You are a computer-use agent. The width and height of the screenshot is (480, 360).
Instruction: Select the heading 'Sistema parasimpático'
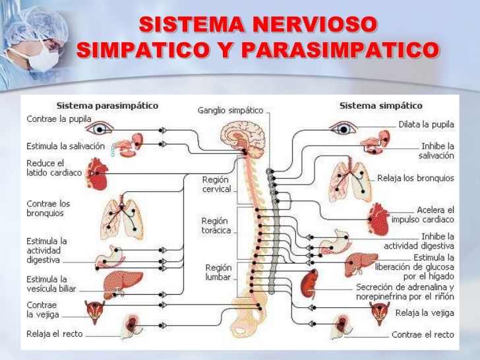pos(107,105)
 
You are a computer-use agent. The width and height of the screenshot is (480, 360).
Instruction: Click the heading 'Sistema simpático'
pos(380,105)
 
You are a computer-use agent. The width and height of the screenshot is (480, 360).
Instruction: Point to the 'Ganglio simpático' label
pos(230,110)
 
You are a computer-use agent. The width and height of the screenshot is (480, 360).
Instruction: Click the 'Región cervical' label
pos(216,184)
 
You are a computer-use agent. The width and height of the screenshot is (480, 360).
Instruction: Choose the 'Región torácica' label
pos(216,225)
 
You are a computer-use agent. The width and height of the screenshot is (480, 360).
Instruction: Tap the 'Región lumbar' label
pos(218,272)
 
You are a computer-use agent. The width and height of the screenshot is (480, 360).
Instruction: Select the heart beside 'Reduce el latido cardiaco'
pos(98,173)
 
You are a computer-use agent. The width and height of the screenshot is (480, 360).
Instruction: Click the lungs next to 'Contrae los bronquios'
pos(125,217)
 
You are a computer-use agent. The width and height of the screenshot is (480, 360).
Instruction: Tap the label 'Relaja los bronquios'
pos(415,178)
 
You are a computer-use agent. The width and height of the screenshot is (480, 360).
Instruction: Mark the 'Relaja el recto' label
pos(55,334)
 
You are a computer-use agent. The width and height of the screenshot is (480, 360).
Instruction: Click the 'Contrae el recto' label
pos(423,334)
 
